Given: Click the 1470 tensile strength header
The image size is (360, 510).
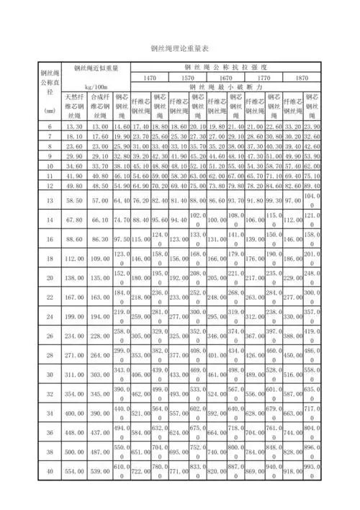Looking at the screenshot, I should [149, 77].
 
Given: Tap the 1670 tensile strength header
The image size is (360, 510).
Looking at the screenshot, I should [225, 77].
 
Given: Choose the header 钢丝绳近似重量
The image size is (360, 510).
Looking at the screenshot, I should [96, 68].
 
